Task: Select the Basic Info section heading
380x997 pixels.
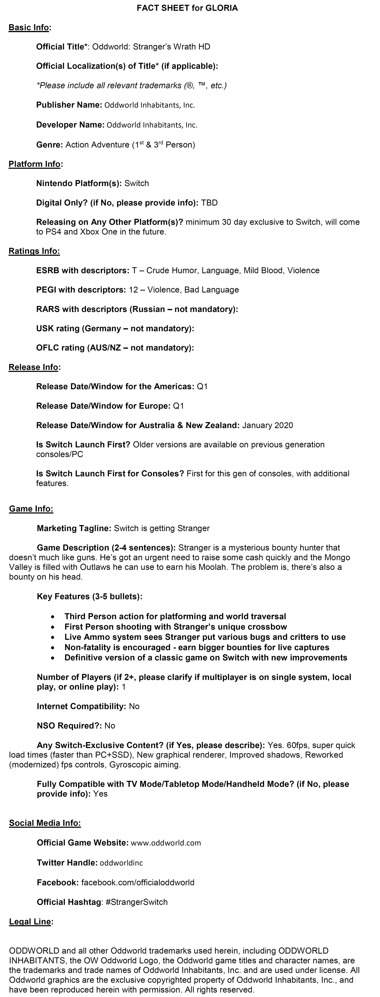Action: (x=29, y=28)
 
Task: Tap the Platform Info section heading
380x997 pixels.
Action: (x=34, y=164)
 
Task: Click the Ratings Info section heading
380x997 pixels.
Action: (x=34, y=251)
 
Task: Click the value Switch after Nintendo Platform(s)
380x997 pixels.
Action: (x=137, y=183)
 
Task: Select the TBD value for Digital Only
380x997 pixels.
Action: (x=209, y=203)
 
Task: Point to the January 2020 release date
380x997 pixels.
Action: (x=267, y=425)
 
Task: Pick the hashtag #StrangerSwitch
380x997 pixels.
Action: (x=137, y=902)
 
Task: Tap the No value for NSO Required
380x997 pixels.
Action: (x=110, y=726)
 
